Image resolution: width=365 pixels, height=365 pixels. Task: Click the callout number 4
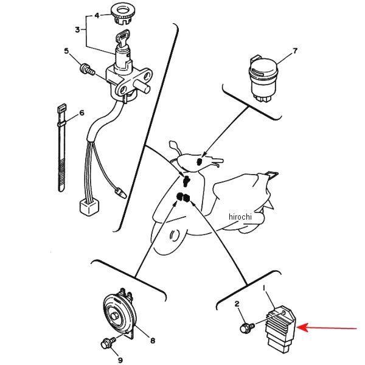(x=97, y=15)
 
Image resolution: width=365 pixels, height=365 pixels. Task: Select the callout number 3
(x=77, y=30)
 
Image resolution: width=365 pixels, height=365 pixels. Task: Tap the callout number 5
(x=66, y=50)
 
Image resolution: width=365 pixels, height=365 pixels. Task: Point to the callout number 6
(x=82, y=113)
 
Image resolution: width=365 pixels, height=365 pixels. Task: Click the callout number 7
(x=295, y=50)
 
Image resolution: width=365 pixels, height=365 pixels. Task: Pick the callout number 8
(x=153, y=341)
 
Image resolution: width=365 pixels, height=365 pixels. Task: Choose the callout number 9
(x=120, y=360)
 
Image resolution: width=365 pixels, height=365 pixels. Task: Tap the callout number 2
(x=237, y=304)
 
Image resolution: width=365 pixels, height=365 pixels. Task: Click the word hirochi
(x=240, y=217)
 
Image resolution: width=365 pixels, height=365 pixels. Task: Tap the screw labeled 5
(x=87, y=69)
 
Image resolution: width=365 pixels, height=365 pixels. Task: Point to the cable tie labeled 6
(x=61, y=148)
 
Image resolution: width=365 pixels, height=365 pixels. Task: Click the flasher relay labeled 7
(x=263, y=78)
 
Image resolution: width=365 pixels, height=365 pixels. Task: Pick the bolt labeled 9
(x=108, y=343)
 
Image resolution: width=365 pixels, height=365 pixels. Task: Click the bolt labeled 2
(x=247, y=327)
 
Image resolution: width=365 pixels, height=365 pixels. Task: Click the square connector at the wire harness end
(x=89, y=207)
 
